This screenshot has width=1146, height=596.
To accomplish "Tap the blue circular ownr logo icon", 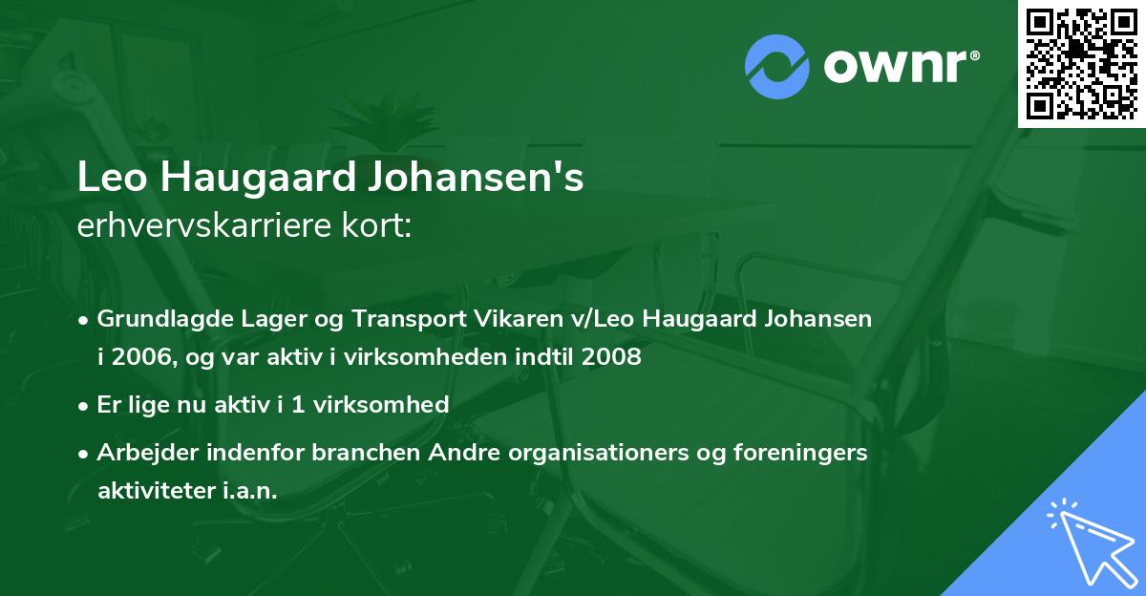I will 777,66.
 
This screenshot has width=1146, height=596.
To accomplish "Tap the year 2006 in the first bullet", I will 143,358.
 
